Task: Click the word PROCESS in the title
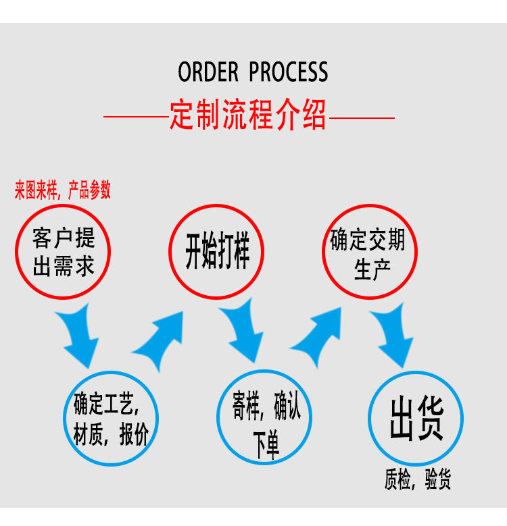tap(289, 72)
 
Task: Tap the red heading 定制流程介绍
tap(248, 115)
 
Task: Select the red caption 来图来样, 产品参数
tap(63, 191)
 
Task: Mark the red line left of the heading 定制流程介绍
tap(136, 118)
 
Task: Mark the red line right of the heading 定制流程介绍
tap(361, 118)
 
